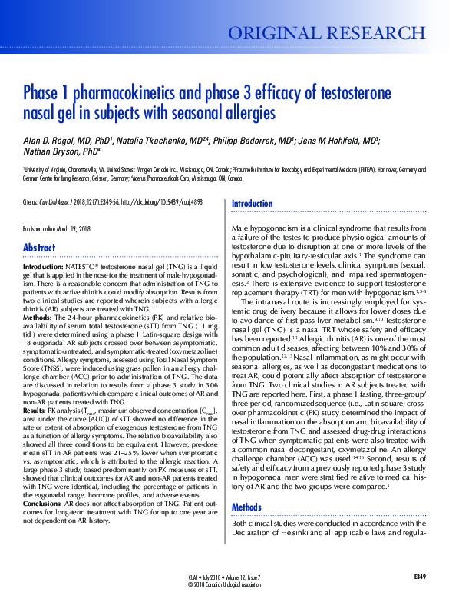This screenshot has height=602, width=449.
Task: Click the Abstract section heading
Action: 39,248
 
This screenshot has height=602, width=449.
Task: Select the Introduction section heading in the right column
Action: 252,204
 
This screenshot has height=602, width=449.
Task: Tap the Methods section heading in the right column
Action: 246,485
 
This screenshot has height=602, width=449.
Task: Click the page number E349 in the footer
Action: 419,576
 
